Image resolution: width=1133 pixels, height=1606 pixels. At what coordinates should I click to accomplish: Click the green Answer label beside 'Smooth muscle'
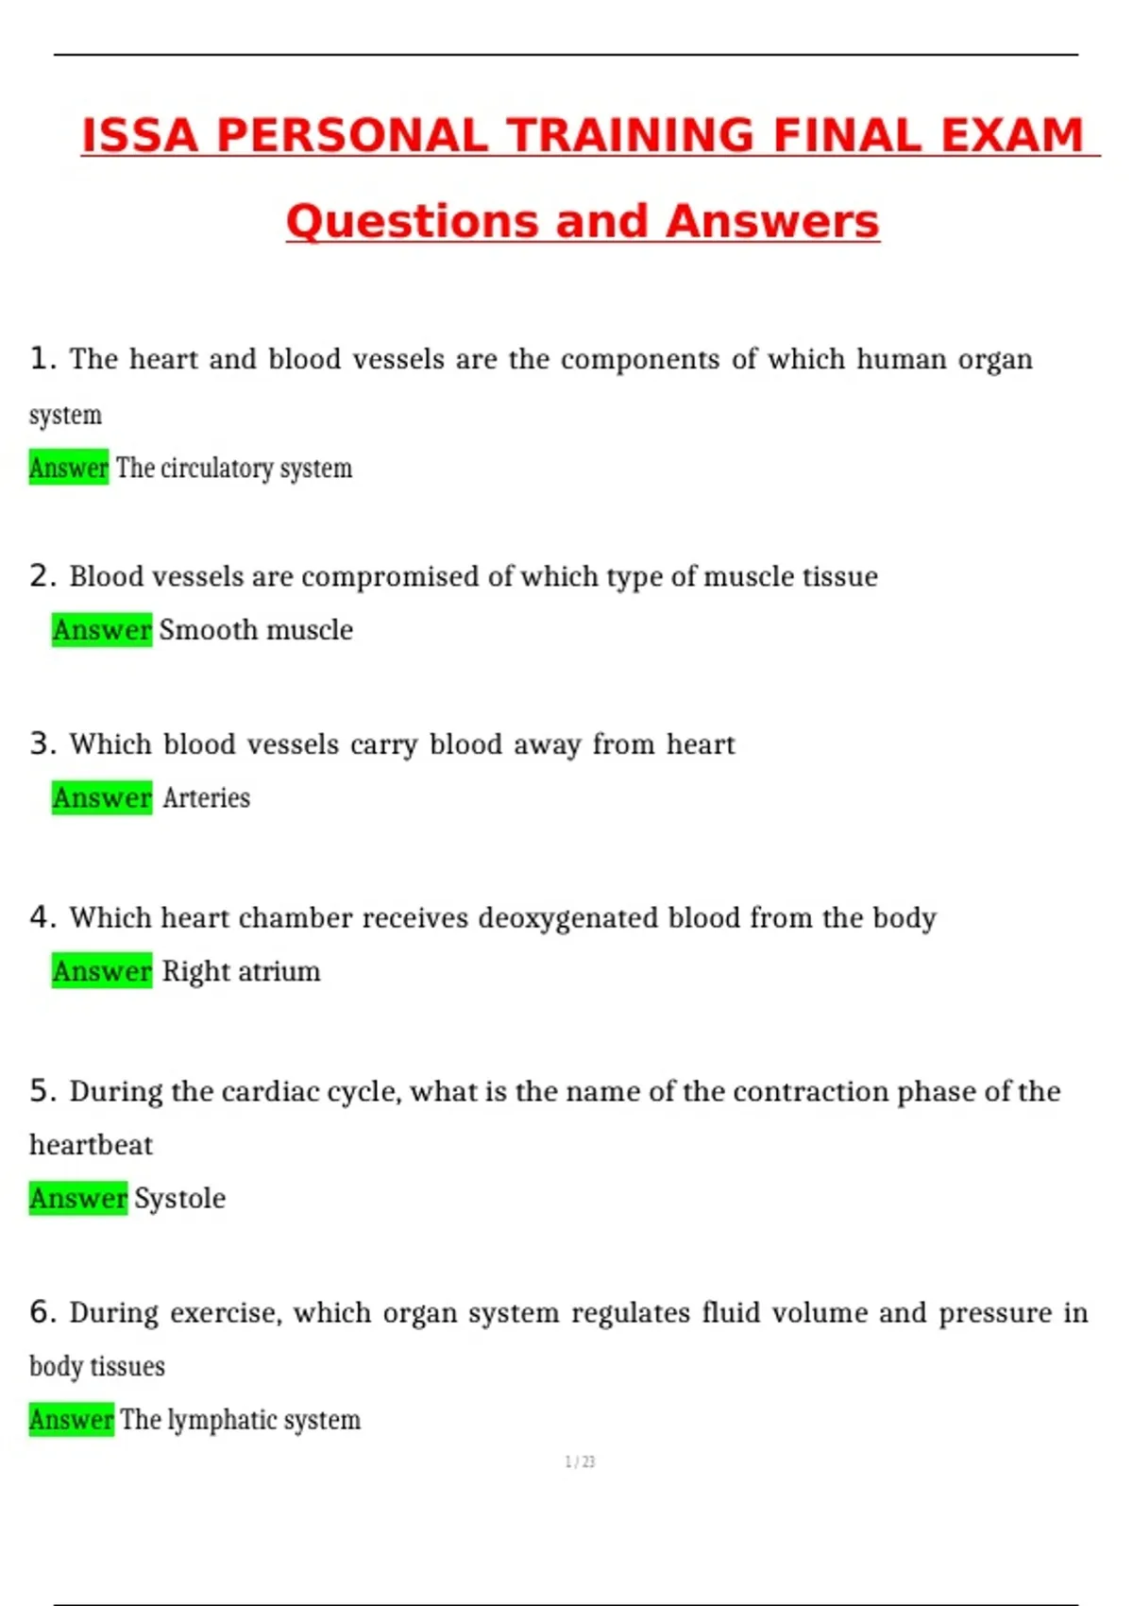102,630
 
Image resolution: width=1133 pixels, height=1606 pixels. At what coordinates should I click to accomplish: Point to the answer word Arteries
206,798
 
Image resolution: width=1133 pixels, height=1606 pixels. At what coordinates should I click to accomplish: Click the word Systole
179,1199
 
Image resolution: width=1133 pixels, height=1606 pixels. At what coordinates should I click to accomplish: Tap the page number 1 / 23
580,1462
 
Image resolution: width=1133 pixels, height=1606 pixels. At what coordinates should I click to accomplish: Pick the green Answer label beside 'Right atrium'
102,971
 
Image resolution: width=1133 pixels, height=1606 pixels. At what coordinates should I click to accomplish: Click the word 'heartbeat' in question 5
91,1145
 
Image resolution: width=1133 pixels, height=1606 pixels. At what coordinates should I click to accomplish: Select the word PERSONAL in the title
352,135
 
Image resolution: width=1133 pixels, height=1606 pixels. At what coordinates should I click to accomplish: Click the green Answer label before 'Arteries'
102,798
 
